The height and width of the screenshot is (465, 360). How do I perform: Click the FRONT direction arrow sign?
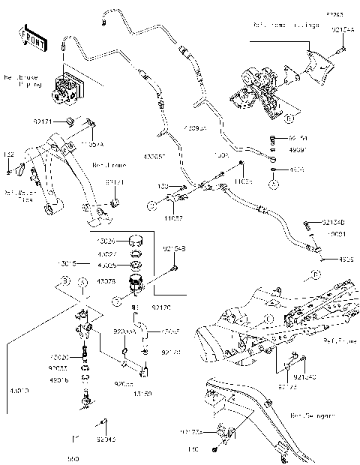click(31, 35)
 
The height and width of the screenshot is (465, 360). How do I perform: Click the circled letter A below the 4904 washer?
click(274, 183)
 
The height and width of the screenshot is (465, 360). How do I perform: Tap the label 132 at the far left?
click(8, 154)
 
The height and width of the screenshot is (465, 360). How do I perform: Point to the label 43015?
click(70, 263)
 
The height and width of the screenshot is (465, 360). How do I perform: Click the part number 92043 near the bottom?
click(109, 440)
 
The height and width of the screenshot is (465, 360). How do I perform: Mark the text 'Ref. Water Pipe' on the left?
click(16, 195)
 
